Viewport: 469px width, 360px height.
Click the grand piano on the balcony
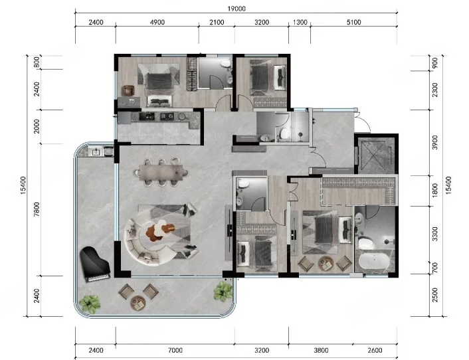click(x=95, y=264)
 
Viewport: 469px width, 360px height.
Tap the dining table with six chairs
click(x=161, y=173)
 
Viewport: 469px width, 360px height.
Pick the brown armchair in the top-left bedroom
click(x=128, y=90)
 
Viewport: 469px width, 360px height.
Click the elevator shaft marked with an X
click(x=377, y=155)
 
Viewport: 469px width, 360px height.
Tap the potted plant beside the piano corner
click(x=90, y=304)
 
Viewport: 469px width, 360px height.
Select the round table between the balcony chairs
click(x=138, y=303)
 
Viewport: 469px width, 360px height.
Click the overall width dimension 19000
click(x=236, y=9)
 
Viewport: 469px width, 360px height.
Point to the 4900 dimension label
click(x=157, y=22)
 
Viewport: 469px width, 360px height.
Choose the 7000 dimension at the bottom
click(x=175, y=350)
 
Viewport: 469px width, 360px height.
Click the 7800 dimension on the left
click(x=36, y=209)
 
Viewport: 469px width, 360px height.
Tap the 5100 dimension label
click(x=353, y=22)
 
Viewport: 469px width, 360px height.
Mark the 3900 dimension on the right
click(x=435, y=142)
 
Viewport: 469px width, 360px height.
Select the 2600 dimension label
click(x=375, y=350)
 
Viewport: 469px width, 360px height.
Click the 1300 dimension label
click(x=300, y=22)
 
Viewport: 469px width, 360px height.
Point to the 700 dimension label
click(x=435, y=268)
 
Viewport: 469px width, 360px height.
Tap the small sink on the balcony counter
click(x=96, y=151)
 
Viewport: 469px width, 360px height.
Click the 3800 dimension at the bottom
click(x=321, y=350)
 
